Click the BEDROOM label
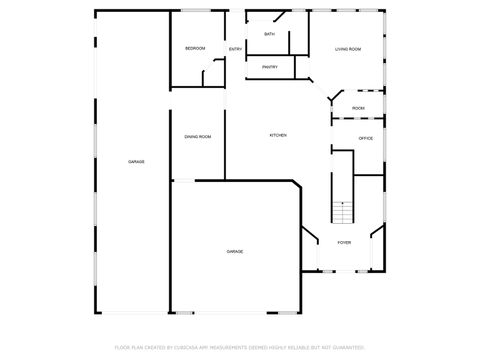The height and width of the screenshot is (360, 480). point(194,48)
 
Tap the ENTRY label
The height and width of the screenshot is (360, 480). point(235,49)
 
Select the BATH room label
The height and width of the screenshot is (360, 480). point(269,34)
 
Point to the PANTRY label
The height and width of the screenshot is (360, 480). point(269,67)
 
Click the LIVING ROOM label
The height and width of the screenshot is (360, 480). point(347,48)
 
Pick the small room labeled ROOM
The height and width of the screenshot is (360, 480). point(358,108)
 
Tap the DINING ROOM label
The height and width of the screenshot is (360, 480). point(197,136)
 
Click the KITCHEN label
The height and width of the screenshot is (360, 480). point(278,135)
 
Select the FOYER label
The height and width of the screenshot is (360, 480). point(343,242)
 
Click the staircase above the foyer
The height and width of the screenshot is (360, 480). point(343,212)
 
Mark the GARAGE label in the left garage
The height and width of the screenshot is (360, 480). point(135,161)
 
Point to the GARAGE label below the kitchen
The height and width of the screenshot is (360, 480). point(234,251)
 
